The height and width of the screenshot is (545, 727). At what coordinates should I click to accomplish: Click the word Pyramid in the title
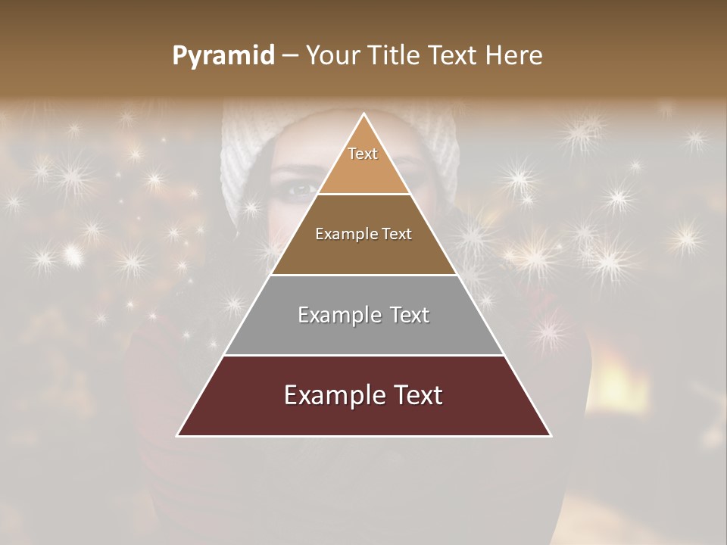pyautogui.click(x=223, y=56)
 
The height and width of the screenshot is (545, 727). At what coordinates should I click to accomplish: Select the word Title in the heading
pyautogui.click(x=395, y=56)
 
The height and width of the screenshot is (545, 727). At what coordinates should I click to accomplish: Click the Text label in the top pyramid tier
pyautogui.click(x=363, y=154)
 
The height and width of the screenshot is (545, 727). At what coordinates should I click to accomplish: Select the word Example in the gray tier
pyautogui.click(x=331, y=315)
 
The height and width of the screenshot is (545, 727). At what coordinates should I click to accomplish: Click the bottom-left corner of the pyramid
pyautogui.click(x=178, y=435)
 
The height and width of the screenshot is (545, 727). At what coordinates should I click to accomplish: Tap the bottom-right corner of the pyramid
pyautogui.click(x=551, y=435)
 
